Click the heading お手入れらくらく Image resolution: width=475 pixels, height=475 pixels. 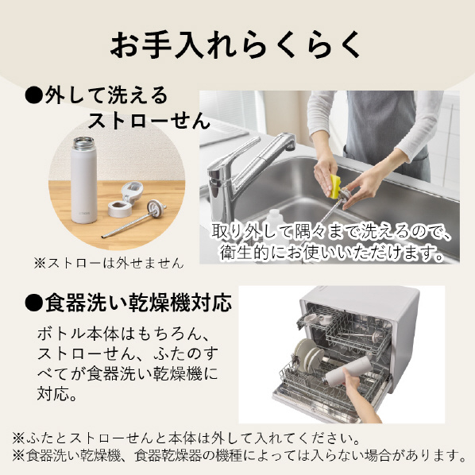[235, 44]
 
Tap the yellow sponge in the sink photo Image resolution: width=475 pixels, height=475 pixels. [334, 187]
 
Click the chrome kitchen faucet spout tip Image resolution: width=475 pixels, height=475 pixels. [290, 146]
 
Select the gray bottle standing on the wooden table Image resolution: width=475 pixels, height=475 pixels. [84, 180]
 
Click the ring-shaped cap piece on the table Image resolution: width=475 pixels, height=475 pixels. [120, 208]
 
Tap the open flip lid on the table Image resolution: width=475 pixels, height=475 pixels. [133, 191]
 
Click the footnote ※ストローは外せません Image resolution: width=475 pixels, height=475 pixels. [109, 263]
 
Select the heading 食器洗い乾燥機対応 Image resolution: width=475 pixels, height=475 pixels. [138, 303]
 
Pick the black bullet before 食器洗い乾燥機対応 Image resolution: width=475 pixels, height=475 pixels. [33, 303]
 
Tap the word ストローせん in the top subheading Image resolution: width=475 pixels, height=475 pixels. [149, 121]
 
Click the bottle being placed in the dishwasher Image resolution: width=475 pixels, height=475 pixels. [349, 371]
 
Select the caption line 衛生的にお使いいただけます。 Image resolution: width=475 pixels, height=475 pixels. [332, 253]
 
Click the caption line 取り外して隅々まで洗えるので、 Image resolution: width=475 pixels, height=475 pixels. [332, 232]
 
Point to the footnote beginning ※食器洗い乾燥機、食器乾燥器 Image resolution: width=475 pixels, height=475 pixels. [239, 455]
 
